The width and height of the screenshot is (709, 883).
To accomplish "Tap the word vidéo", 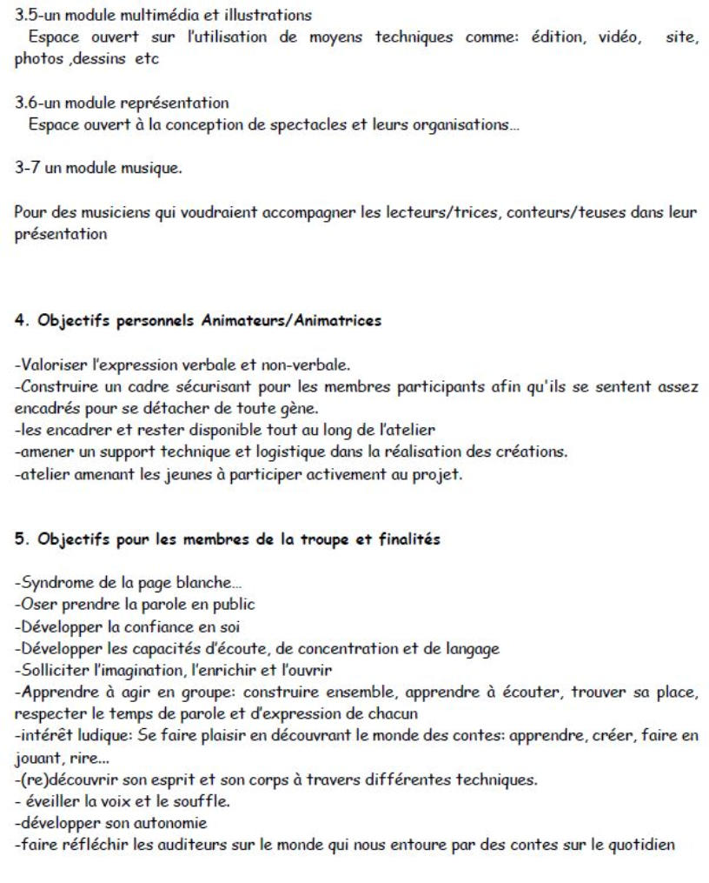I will [619, 37].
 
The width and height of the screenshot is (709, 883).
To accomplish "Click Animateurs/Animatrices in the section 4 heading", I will [291, 321].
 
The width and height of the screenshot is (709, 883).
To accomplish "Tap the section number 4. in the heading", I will [21, 321].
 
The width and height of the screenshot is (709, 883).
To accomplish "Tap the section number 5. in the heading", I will [21, 538].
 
